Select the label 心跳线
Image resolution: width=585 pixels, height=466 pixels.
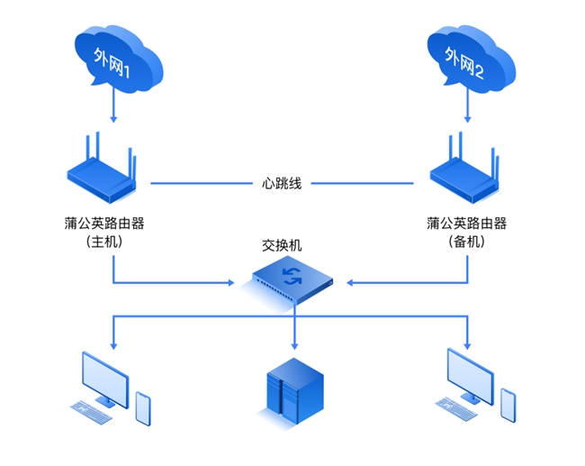click(x=281, y=183)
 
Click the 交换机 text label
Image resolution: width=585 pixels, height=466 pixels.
click(x=282, y=245)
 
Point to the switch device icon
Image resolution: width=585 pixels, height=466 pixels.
click(x=292, y=280)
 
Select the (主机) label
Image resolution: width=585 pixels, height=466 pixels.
click(x=113, y=242)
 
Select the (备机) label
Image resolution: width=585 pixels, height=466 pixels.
click(x=466, y=242)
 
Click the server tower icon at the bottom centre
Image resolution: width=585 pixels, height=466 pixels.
click(x=292, y=390)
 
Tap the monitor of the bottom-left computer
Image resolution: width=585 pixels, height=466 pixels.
click(x=105, y=377)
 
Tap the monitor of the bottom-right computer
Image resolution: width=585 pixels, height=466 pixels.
click(x=471, y=373)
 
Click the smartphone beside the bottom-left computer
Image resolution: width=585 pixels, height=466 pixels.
click(x=143, y=407)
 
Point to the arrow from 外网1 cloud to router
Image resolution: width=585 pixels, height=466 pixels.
click(x=113, y=108)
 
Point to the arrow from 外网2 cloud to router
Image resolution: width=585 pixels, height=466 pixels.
click(x=466, y=108)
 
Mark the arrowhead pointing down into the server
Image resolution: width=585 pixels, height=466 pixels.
click(x=294, y=347)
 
